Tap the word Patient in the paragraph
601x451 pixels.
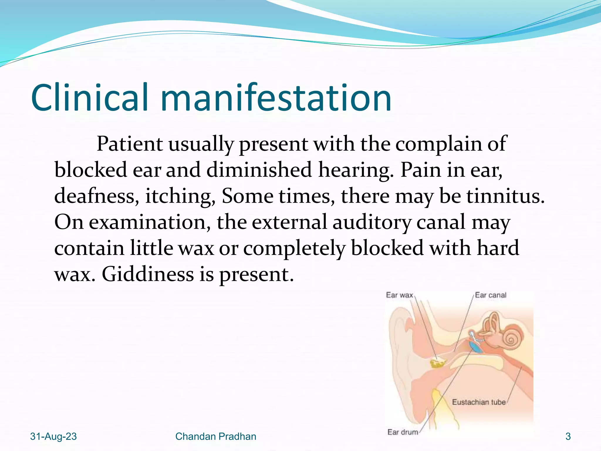pos(129,144)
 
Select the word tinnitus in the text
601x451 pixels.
pos(505,196)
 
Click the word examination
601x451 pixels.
pos(150,222)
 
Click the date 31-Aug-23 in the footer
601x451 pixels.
pos(53,437)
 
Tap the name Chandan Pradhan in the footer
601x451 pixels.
pos(216,437)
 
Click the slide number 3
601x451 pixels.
pos(568,437)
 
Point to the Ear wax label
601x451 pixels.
pos(399,295)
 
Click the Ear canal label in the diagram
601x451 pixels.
pos(491,295)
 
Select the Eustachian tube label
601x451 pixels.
pos(479,402)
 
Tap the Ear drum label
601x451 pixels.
pos(403,432)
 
